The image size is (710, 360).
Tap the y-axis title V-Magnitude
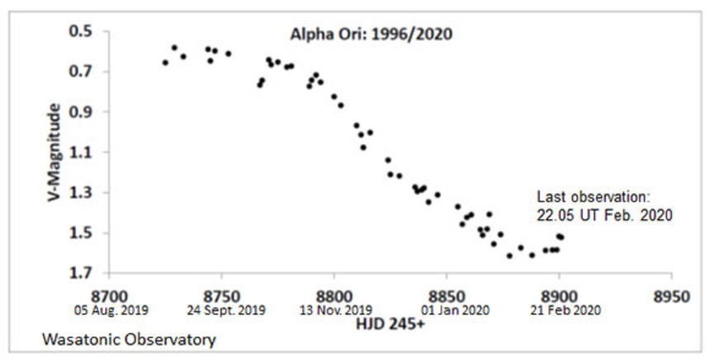tap(55, 154)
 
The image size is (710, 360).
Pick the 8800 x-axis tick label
tap(334, 295)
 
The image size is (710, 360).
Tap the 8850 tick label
tap(446, 295)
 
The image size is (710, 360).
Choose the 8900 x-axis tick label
tap(558, 295)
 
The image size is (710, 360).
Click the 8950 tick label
tap(670, 295)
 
